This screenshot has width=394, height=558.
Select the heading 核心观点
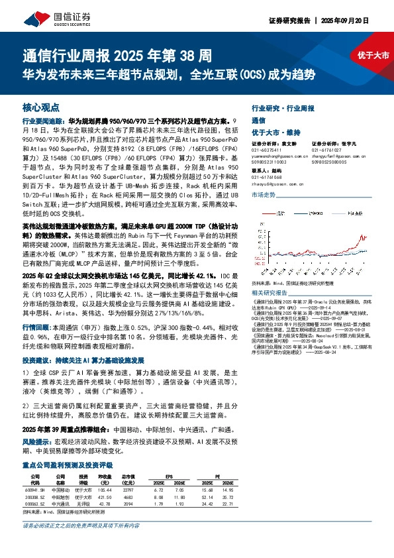coord(41,107)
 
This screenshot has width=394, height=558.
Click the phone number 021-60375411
coord(267,150)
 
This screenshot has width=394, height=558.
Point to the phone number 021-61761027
coord(326,150)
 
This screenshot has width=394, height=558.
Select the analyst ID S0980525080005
coord(330,162)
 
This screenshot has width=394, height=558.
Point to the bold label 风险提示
coord(36,440)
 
